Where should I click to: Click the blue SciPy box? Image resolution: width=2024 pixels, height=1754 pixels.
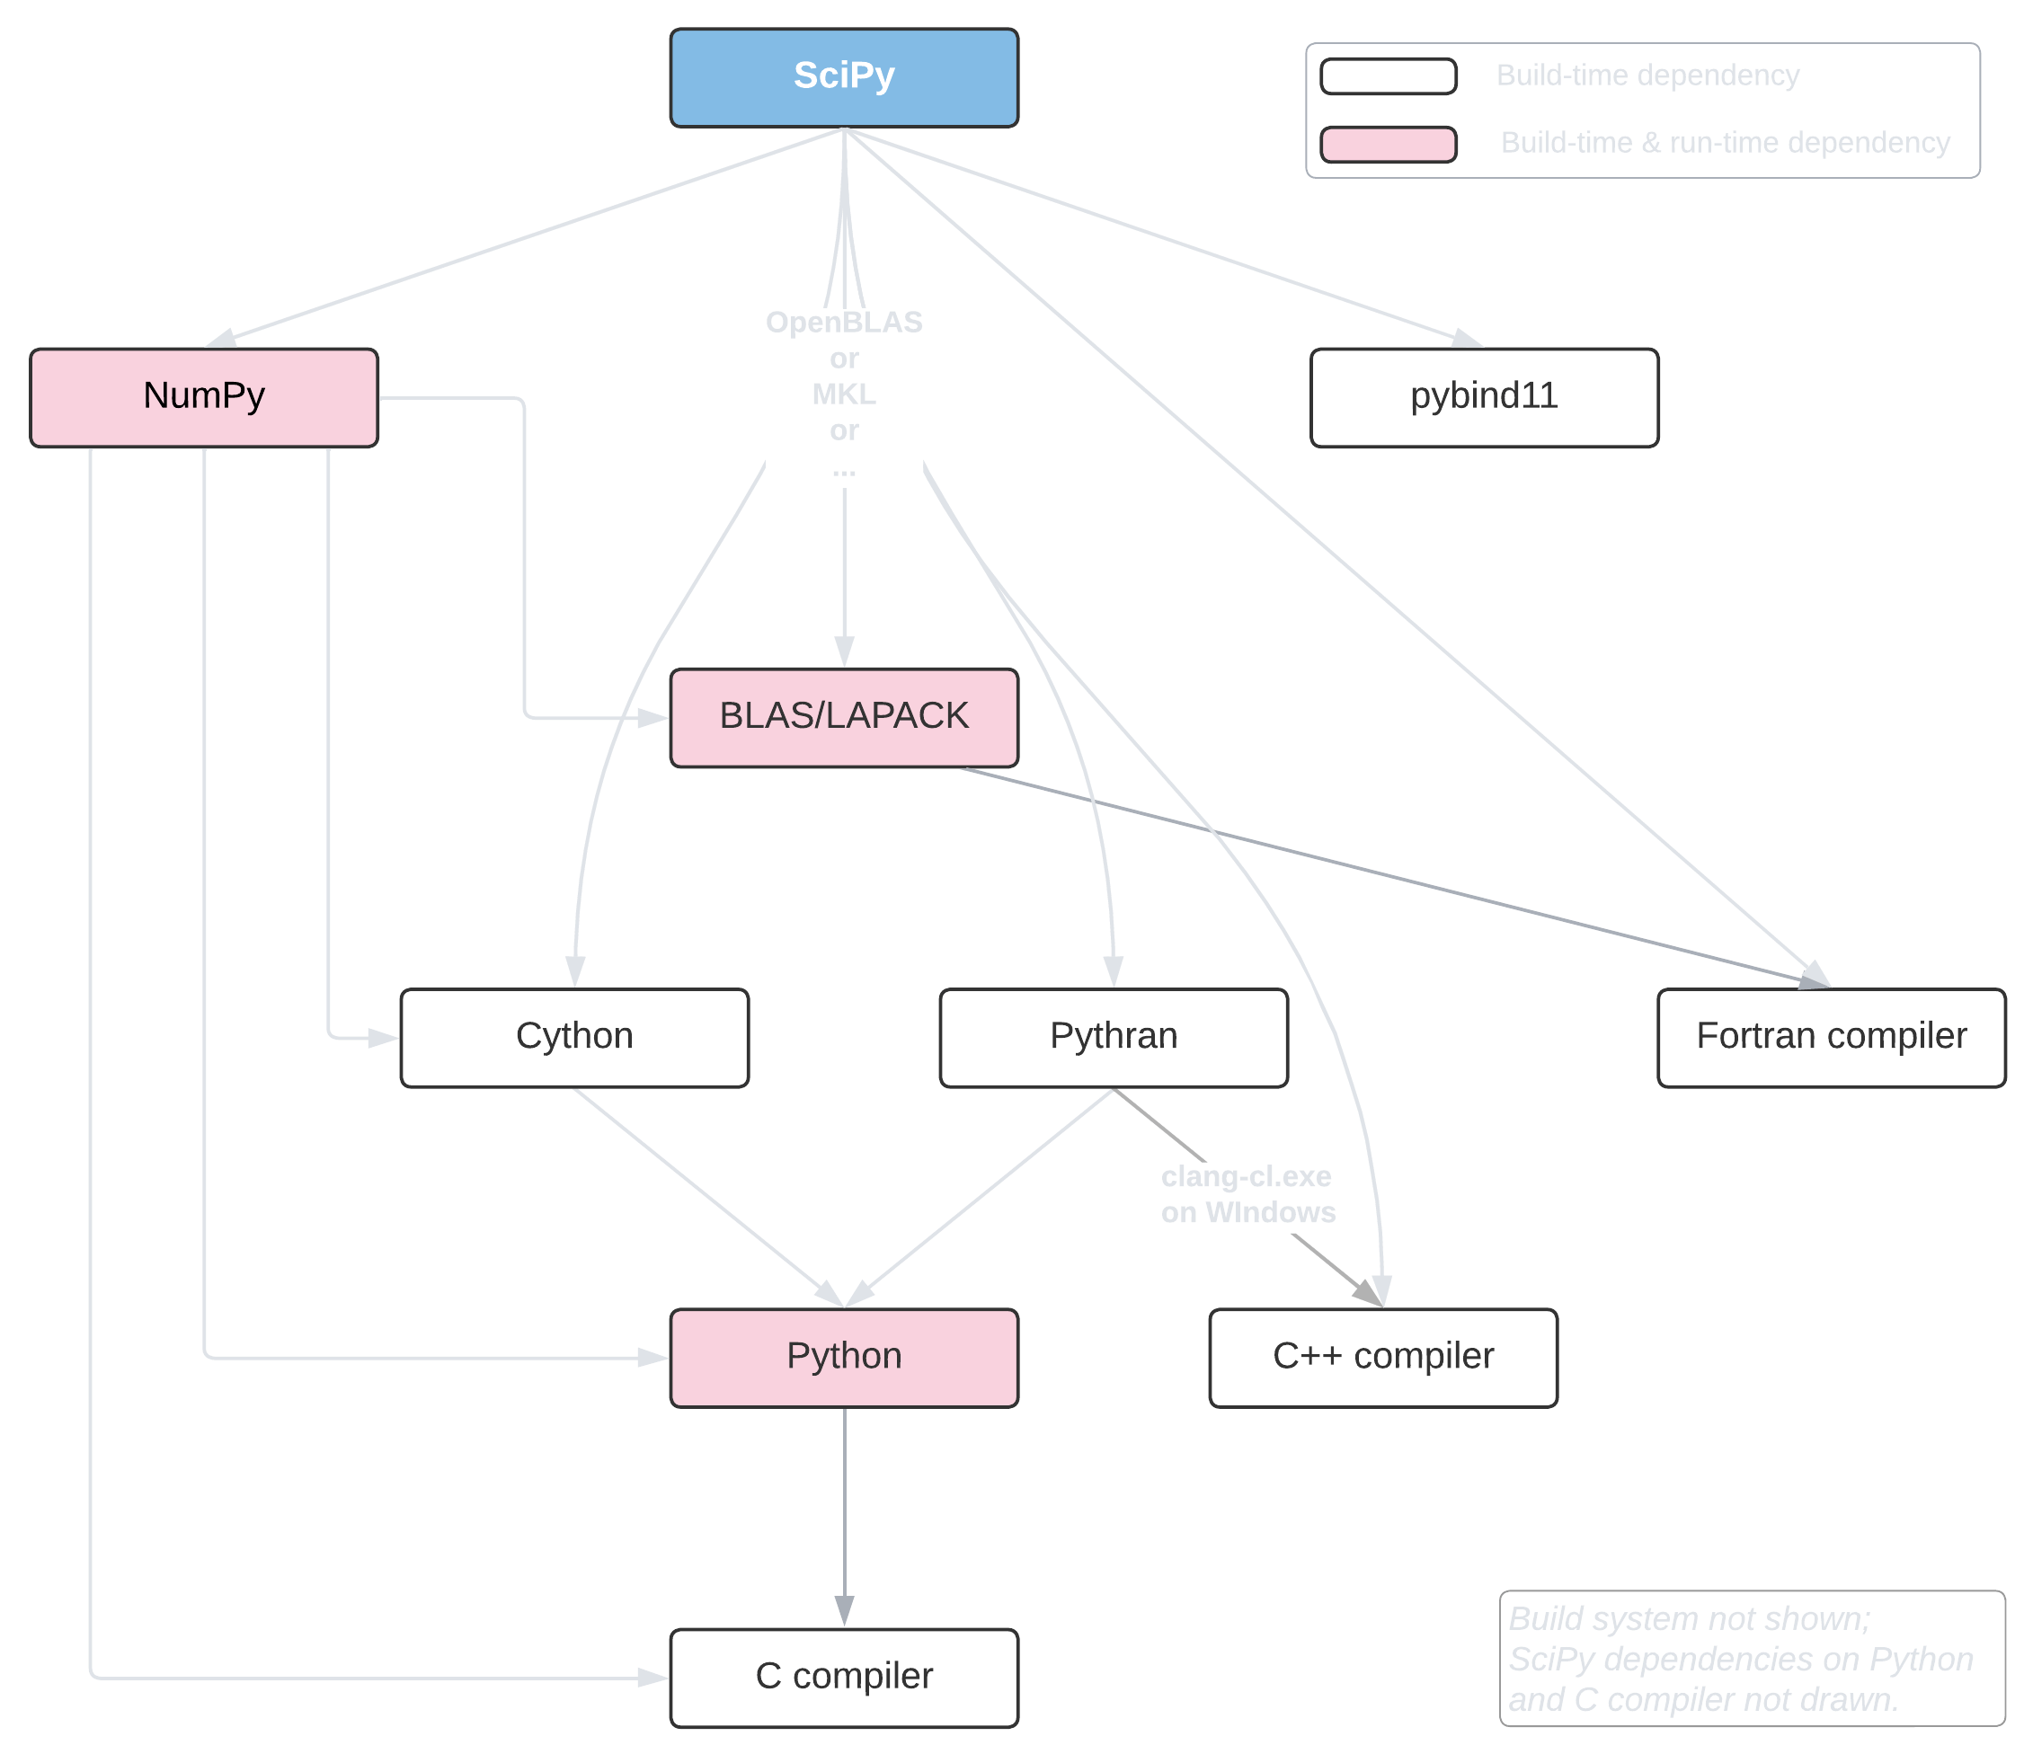844,77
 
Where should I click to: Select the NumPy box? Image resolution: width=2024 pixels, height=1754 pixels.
204,397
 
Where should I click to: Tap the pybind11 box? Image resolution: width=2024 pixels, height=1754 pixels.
1484,397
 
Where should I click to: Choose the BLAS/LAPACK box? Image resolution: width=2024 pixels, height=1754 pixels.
844,717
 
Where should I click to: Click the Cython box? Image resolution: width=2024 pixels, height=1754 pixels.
575,1038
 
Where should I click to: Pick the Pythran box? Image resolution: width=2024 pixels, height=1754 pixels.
1114,1038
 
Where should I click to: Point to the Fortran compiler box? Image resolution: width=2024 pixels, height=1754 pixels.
1831,1038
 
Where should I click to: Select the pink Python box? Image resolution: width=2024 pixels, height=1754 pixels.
844,1358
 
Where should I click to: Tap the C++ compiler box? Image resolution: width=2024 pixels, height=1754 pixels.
1382,1358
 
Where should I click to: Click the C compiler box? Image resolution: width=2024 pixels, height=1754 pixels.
844,1678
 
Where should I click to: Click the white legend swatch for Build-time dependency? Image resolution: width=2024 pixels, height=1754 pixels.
1388,76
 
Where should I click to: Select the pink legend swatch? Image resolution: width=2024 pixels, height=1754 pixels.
1388,144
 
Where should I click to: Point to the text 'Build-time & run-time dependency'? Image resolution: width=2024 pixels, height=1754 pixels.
1725,143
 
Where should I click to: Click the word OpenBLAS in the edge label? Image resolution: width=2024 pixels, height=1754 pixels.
844,322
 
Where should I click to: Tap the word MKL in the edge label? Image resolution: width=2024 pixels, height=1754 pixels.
844,394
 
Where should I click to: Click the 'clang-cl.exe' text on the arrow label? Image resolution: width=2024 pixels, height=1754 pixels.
1246,1175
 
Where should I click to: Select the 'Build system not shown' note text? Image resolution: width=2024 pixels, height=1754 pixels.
1689,1618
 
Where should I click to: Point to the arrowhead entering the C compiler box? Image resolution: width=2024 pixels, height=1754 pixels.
653,1678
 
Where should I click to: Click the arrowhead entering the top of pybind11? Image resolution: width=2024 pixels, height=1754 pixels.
1468,339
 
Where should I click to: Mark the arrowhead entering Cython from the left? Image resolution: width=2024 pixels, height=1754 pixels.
384,1038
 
